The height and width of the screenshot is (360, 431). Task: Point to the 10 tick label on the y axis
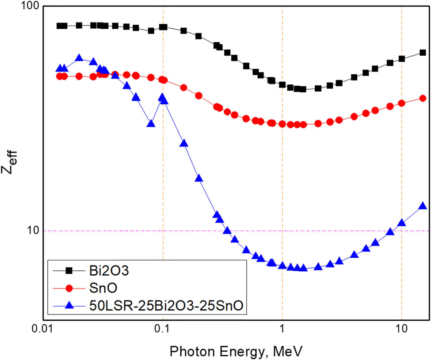32,231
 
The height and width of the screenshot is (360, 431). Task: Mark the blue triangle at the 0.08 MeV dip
151,124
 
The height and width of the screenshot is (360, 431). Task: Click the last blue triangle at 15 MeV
423,206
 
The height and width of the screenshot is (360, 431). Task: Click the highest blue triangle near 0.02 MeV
79,58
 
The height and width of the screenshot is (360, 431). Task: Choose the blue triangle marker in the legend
69,306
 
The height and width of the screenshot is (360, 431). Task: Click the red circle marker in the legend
69,288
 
